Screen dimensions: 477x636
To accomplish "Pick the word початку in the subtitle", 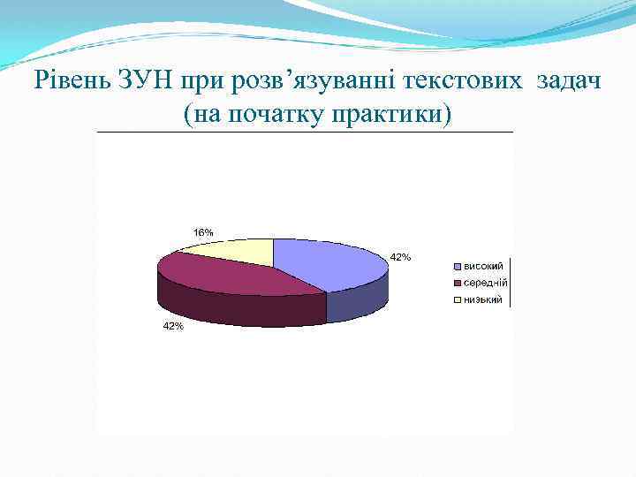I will (281, 114).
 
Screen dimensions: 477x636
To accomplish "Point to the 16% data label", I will (203, 232).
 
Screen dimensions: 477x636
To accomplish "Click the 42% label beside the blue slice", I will (400, 257).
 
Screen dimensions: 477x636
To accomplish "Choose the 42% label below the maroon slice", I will (171, 326).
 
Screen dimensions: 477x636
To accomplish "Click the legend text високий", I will (484, 266).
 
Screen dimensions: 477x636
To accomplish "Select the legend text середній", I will (485, 283).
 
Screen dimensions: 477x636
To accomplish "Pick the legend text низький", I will (483, 299).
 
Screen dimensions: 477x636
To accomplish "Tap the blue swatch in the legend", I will (458, 267).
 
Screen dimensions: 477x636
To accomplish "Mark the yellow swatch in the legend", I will (458, 300).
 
